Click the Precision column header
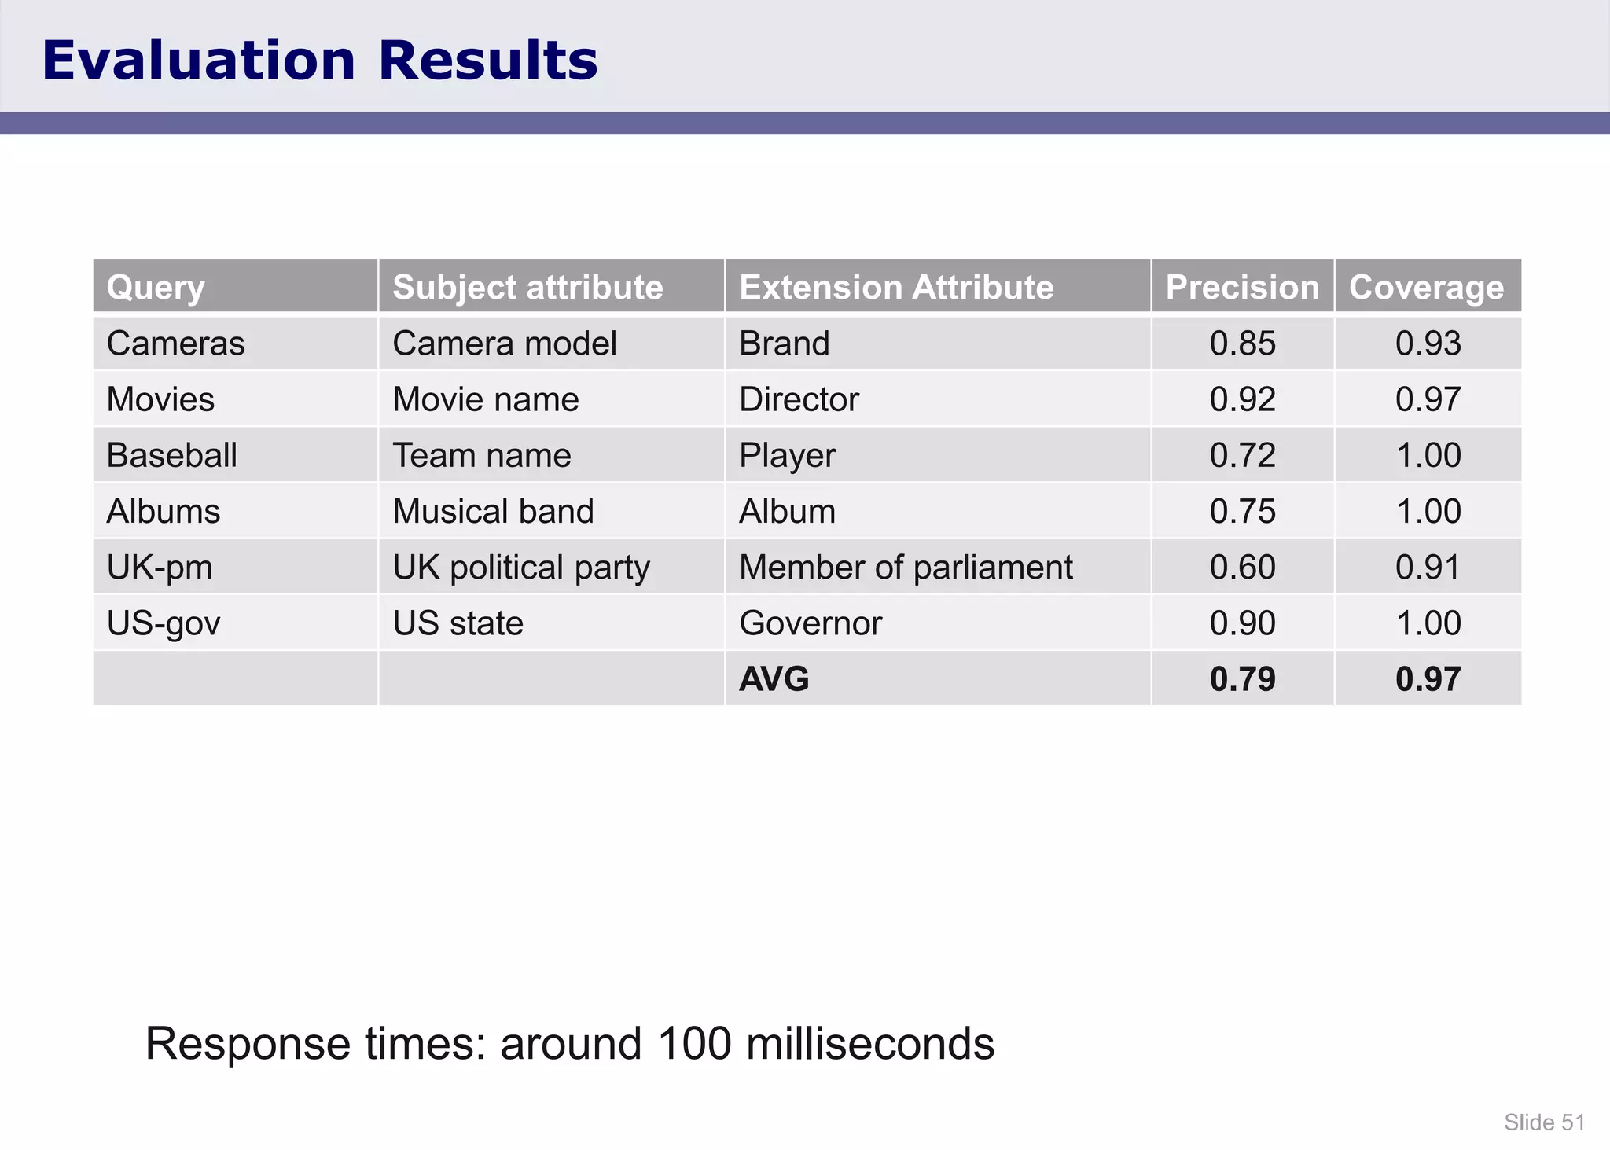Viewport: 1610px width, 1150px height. point(1242,287)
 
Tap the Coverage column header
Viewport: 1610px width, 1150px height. point(1426,287)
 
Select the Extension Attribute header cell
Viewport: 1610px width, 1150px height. point(896,287)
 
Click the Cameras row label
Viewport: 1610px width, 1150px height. point(175,344)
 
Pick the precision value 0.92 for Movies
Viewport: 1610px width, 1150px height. point(1242,399)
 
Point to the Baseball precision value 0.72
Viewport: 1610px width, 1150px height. point(1242,455)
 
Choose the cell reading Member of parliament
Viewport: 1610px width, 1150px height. point(906,568)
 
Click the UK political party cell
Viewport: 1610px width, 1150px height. point(521,568)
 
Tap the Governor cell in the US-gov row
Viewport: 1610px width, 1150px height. point(811,623)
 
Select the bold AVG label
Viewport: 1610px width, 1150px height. point(774,679)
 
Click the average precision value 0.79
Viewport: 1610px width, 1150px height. point(1242,679)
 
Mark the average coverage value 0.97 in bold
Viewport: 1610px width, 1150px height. point(1428,679)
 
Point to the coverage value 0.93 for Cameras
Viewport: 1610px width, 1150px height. point(1428,344)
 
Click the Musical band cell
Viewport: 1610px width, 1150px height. point(493,512)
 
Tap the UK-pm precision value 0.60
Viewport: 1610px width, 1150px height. point(1242,568)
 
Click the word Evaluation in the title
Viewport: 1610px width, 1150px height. point(198,61)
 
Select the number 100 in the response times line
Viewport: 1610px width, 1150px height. point(693,1044)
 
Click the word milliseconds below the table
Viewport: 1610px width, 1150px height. point(869,1044)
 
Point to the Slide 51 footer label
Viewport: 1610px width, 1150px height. point(1544,1122)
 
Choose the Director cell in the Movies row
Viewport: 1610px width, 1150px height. point(799,399)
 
